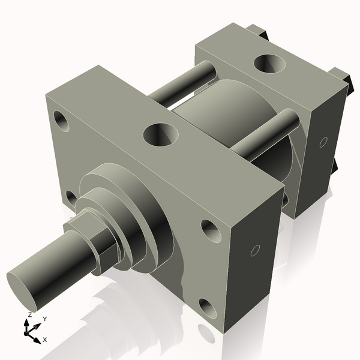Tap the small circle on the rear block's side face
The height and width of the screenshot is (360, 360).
(323, 142)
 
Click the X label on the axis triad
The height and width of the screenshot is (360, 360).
(44, 340)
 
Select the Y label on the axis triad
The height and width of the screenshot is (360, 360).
(44, 319)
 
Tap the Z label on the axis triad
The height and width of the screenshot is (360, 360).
(29, 314)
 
